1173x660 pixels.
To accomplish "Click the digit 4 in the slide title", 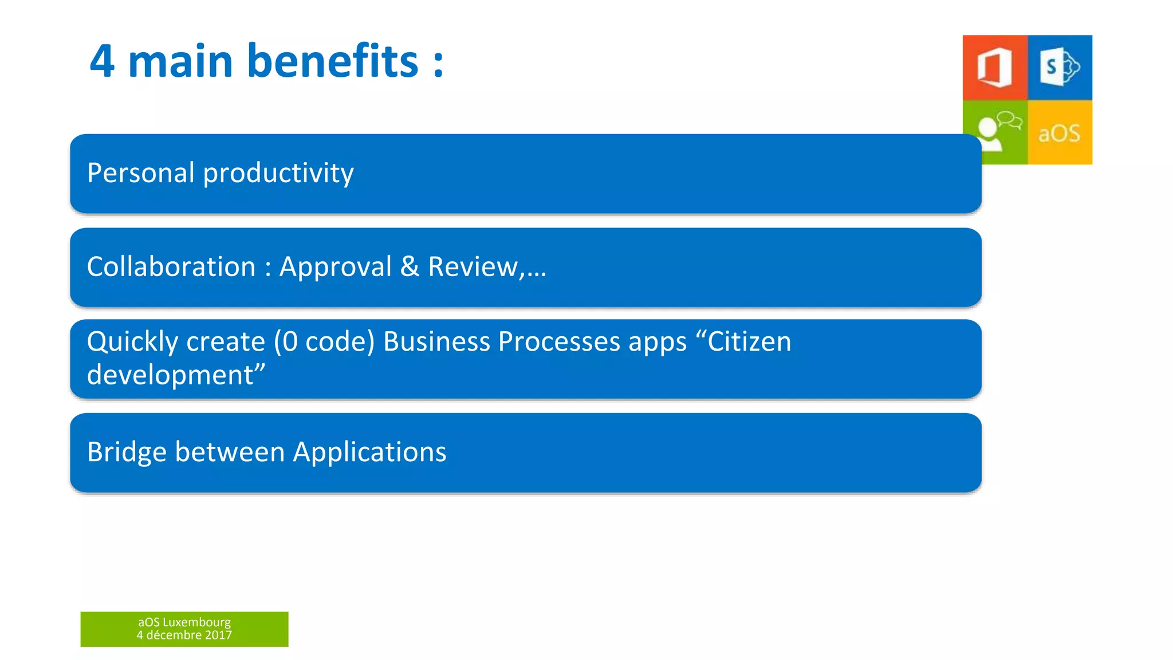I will tap(102, 61).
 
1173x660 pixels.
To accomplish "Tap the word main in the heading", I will tap(180, 61).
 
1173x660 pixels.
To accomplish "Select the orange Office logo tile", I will tap(995, 68).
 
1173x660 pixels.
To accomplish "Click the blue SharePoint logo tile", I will tap(1060, 68).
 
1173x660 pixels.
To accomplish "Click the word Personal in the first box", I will tap(141, 173).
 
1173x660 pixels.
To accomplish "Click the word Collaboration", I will tap(171, 267).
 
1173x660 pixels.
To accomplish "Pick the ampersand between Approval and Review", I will tap(410, 267).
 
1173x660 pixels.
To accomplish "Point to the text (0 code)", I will tap(324, 342).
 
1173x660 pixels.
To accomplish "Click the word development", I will tap(170, 375).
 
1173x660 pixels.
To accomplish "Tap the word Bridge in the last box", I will tap(127, 453).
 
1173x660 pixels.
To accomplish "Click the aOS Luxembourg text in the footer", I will tap(184, 622).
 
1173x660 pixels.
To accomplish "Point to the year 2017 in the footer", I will tap(218, 635).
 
